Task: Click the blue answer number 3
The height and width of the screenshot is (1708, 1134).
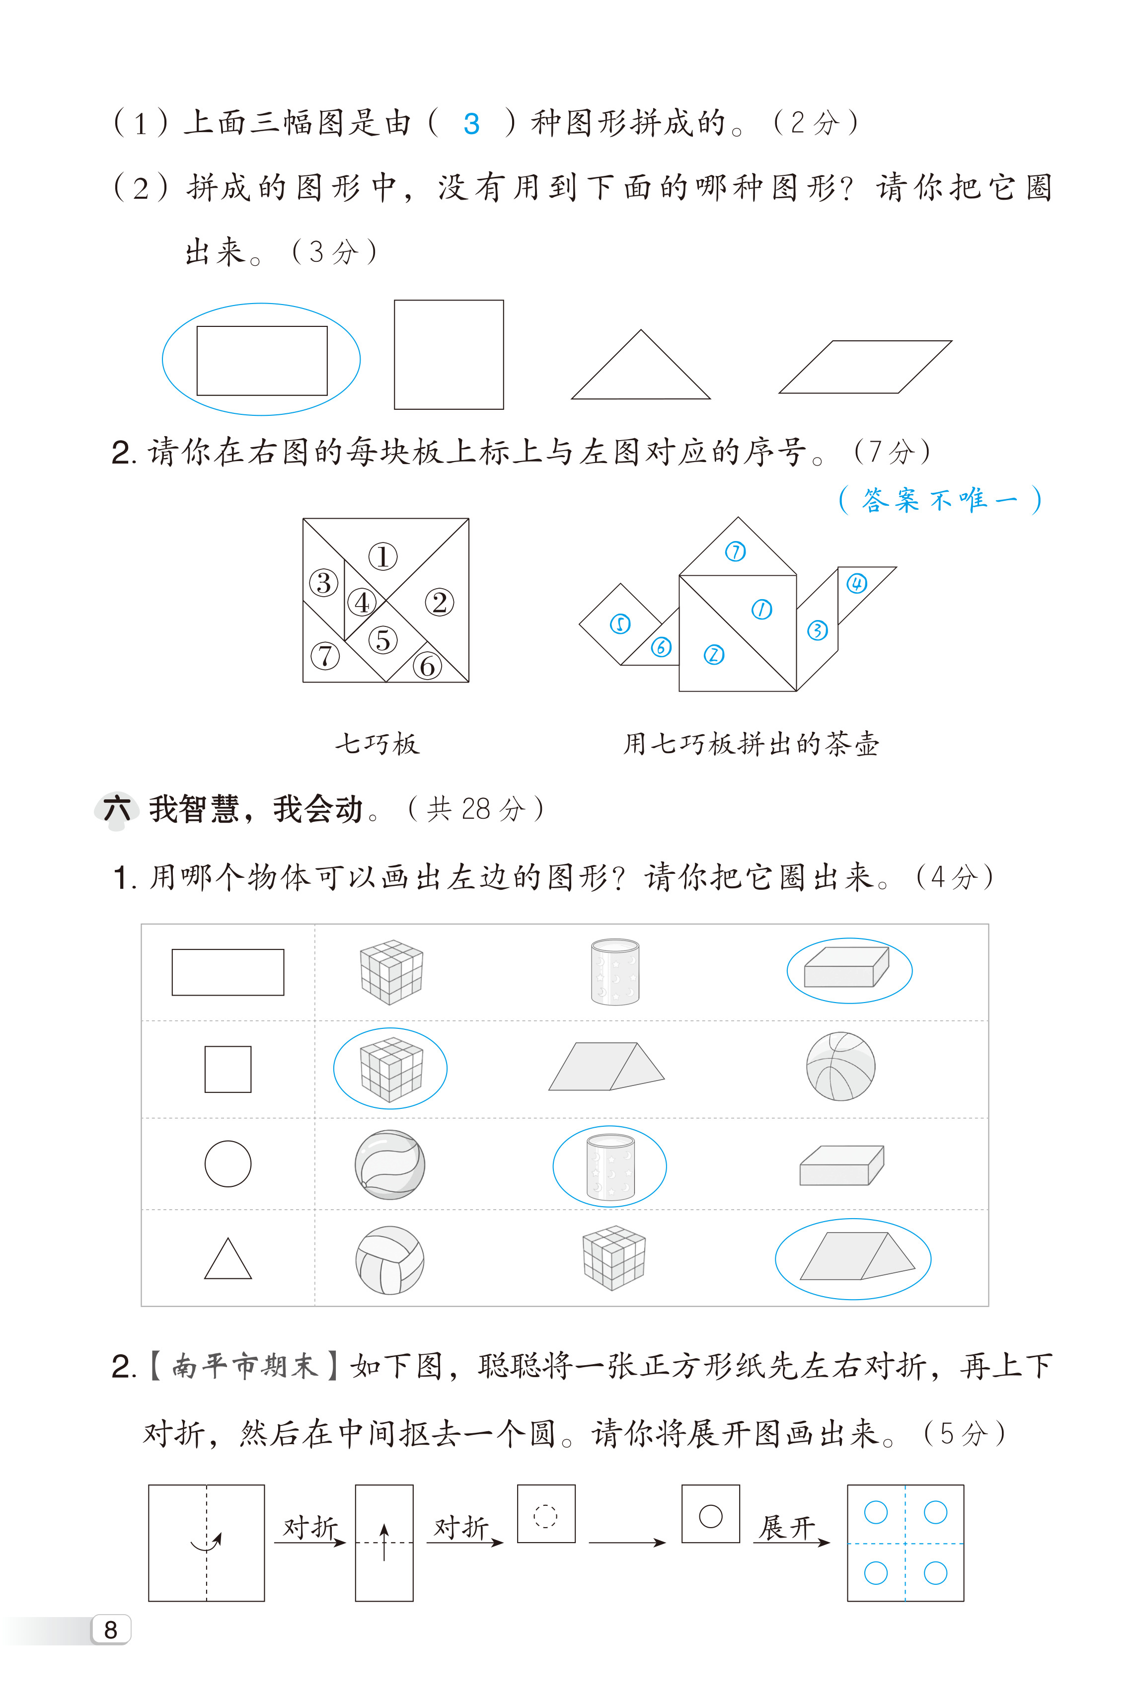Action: pos(471,124)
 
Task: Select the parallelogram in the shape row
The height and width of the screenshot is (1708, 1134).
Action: pos(865,367)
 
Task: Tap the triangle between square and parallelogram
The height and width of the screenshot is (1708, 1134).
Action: pos(641,365)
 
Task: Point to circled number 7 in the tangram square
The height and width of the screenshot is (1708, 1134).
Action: pos(325,656)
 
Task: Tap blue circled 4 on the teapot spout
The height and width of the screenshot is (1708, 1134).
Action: pos(857,584)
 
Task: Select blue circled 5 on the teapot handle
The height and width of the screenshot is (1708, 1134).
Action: pos(620,624)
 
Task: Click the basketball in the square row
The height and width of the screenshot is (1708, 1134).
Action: pos(840,1067)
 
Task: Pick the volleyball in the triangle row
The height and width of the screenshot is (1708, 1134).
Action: pos(390,1260)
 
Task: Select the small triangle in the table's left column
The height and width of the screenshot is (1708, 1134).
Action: pos(228,1259)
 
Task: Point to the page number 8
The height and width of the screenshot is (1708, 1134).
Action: pos(111,1629)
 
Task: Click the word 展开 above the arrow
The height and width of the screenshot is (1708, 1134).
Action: pos(786,1527)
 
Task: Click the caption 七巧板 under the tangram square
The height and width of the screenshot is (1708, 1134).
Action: pos(377,743)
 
